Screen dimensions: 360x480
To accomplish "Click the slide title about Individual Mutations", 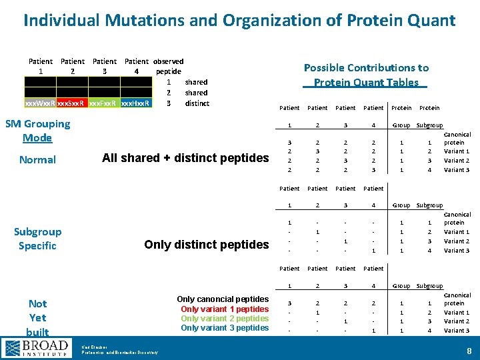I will (239, 20).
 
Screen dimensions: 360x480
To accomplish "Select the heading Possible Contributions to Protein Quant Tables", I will (366, 75).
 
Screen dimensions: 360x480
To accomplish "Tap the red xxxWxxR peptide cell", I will (40, 103).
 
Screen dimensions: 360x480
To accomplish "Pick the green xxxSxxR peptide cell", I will (72, 103).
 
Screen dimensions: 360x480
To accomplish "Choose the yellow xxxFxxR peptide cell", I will (104, 103).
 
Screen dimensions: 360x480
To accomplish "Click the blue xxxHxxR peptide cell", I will (136, 103).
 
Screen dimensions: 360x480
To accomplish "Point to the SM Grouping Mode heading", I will (37, 130).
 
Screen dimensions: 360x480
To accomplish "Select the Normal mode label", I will (37, 159).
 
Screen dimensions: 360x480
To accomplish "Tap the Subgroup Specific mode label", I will (37, 238).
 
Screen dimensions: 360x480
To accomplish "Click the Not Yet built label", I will (37, 317).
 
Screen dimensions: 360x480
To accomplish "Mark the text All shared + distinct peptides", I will (185, 158).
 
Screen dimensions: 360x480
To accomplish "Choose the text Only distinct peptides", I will (206, 245).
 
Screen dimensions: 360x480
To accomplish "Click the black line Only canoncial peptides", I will (223, 299).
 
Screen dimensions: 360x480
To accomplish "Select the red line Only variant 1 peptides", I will (225, 309).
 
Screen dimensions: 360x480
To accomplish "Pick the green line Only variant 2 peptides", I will (225, 318).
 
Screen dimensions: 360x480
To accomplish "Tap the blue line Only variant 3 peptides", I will (225, 327).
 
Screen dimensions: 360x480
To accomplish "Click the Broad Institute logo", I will (37, 347).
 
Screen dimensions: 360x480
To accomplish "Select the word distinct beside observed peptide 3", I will (197, 103).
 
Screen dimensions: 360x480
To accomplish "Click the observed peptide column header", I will (168, 66).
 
